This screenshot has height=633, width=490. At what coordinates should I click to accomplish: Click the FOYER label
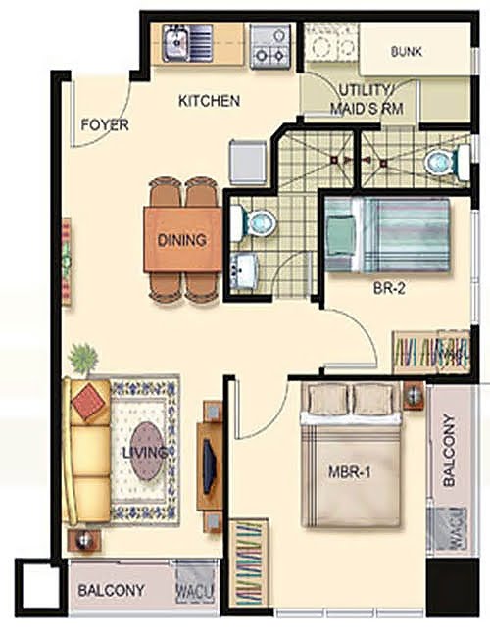point(105,124)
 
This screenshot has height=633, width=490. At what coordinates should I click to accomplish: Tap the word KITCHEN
point(209,101)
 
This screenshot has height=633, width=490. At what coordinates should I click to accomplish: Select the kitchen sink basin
point(175,42)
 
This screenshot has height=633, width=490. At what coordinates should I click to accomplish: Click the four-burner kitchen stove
point(270,46)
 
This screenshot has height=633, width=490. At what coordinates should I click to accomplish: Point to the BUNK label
point(407,52)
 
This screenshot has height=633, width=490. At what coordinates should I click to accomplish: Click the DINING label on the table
point(181,240)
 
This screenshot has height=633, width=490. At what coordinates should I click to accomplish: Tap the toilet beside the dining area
point(253,222)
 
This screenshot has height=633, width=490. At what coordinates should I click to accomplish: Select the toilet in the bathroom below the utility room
point(447,163)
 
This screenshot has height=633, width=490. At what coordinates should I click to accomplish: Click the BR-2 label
point(389,289)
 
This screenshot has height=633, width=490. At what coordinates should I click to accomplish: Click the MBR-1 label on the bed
point(350,472)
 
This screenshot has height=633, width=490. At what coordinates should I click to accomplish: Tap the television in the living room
point(208,465)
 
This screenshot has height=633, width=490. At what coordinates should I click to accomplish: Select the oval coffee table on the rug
point(147,451)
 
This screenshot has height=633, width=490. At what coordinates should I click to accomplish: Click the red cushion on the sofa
point(88,399)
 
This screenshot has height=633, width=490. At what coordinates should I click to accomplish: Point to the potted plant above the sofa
point(83,359)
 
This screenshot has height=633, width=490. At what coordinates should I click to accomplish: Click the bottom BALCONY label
point(111,590)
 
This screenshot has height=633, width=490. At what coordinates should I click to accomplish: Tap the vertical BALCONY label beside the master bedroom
point(449,450)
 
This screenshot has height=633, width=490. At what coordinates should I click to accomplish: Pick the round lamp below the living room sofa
point(84,540)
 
